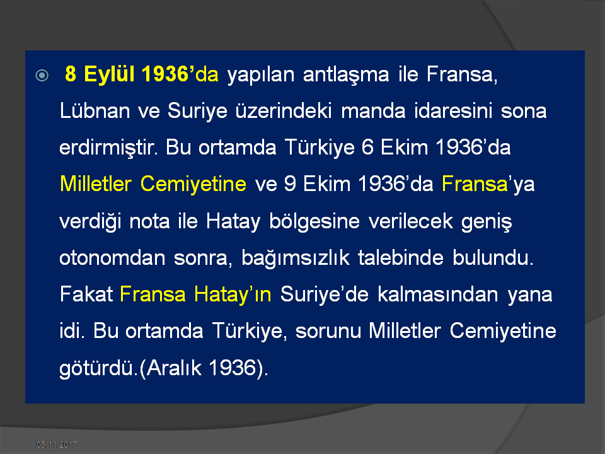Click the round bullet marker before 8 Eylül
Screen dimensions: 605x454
(42, 75)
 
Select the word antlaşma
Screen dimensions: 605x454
(346, 74)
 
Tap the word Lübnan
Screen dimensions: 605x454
(95, 111)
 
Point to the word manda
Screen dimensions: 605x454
(373, 111)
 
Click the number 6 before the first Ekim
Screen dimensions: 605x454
(367, 148)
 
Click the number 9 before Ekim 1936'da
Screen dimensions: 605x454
(290, 183)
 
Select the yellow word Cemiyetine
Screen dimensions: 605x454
(193, 183)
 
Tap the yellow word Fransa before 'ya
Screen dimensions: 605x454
(475, 183)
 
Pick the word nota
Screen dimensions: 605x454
(149, 221)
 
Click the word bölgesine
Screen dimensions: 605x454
(314, 221)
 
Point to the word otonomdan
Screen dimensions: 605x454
(112, 257)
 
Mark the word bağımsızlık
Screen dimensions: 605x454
(296, 258)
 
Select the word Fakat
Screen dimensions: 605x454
(86, 294)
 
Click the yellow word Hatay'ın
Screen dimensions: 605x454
(233, 294)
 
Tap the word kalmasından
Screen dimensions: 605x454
(438, 294)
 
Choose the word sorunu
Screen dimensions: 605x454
(328, 331)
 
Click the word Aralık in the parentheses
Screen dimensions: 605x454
(174, 368)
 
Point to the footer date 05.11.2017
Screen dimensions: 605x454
(57, 445)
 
